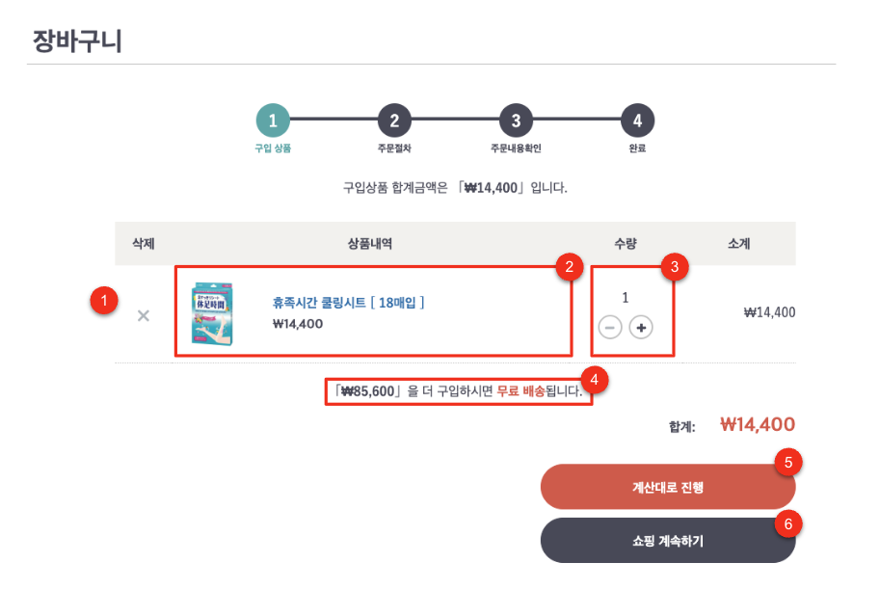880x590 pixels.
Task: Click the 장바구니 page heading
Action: pos(77,41)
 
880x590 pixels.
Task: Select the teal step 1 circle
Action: pos(273,121)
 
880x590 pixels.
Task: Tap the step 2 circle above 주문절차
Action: pos(394,121)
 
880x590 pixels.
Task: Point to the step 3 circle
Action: pos(516,121)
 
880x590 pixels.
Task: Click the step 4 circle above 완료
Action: pos(637,121)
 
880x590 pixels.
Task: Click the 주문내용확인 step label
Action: pos(516,148)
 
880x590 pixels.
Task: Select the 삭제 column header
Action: pos(143,244)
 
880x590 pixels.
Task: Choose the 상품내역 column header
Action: pos(370,244)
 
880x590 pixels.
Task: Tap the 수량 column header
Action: pos(626,244)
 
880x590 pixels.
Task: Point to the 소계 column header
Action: pos(738,244)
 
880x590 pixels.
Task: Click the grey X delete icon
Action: pos(143,316)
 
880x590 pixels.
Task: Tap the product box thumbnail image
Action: pos(212,313)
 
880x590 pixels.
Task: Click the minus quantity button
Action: pos(610,327)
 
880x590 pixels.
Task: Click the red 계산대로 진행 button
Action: pos(668,487)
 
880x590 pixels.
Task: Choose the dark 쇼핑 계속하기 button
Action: pos(668,541)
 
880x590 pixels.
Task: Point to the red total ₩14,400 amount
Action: pos(758,424)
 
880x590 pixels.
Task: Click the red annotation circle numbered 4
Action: pos(595,380)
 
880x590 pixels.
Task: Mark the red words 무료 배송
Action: pos(520,390)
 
